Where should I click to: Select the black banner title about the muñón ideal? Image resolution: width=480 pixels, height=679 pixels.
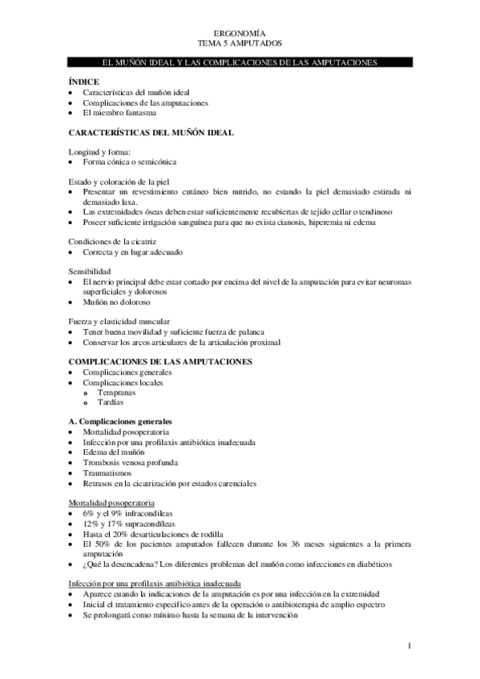tap(240, 62)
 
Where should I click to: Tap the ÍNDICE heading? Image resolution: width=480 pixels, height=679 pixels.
tap(83, 81)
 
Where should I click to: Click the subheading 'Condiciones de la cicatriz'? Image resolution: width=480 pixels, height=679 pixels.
tap(114, 242)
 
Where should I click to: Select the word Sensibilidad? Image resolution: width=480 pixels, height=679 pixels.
tap(91, 271)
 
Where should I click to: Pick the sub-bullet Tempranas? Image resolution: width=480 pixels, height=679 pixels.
tap(117, 392)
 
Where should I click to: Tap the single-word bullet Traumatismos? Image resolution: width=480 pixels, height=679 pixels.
tap(108, 472)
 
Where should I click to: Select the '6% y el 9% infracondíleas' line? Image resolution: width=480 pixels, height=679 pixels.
tap(134, 512)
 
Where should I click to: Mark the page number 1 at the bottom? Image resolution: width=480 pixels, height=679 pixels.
tap(409, 645)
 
